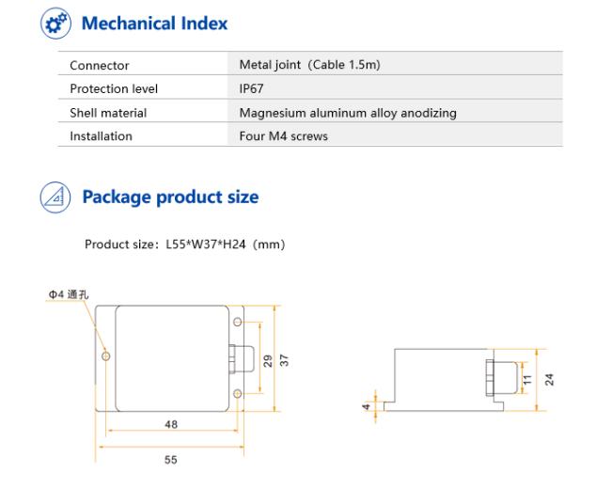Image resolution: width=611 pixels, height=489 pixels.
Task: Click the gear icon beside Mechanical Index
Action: [x=55, y=24]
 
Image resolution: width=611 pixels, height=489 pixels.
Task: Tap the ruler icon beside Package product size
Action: [x=55, y=197]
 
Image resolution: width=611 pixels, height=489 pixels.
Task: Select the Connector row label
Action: [x=100, y=66]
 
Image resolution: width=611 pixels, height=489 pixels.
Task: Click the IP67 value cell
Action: [x=251, y=88]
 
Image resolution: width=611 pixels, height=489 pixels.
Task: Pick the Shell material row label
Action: [x=108, y=113]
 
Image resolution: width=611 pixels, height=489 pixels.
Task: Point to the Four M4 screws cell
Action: [x=283, y=136]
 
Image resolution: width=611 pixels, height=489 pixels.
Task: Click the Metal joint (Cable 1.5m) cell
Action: [x=310, y=65]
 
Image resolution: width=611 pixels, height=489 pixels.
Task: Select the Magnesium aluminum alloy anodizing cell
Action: [x=348, y=113]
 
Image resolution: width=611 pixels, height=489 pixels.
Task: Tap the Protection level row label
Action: [x=114, y=89]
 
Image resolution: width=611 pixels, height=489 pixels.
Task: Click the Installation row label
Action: [x=101, y=136]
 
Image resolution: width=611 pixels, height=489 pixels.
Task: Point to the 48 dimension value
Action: [x=171, y=424]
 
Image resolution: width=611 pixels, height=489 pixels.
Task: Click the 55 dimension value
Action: [x=171, y=460]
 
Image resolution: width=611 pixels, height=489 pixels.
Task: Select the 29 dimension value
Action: [x=268, y=361]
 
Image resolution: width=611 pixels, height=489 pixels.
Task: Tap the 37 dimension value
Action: [x=284, y=360]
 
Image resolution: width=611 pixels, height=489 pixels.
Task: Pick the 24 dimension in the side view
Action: [x=549, y=379]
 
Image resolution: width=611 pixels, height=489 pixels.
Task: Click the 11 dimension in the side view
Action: [x=527, y=379]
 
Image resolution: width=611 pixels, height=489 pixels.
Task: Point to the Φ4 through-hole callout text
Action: [x=69, y=294]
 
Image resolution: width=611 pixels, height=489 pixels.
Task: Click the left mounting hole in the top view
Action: [x=105, y=356]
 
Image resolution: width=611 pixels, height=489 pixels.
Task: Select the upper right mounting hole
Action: [x=238, y=323]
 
